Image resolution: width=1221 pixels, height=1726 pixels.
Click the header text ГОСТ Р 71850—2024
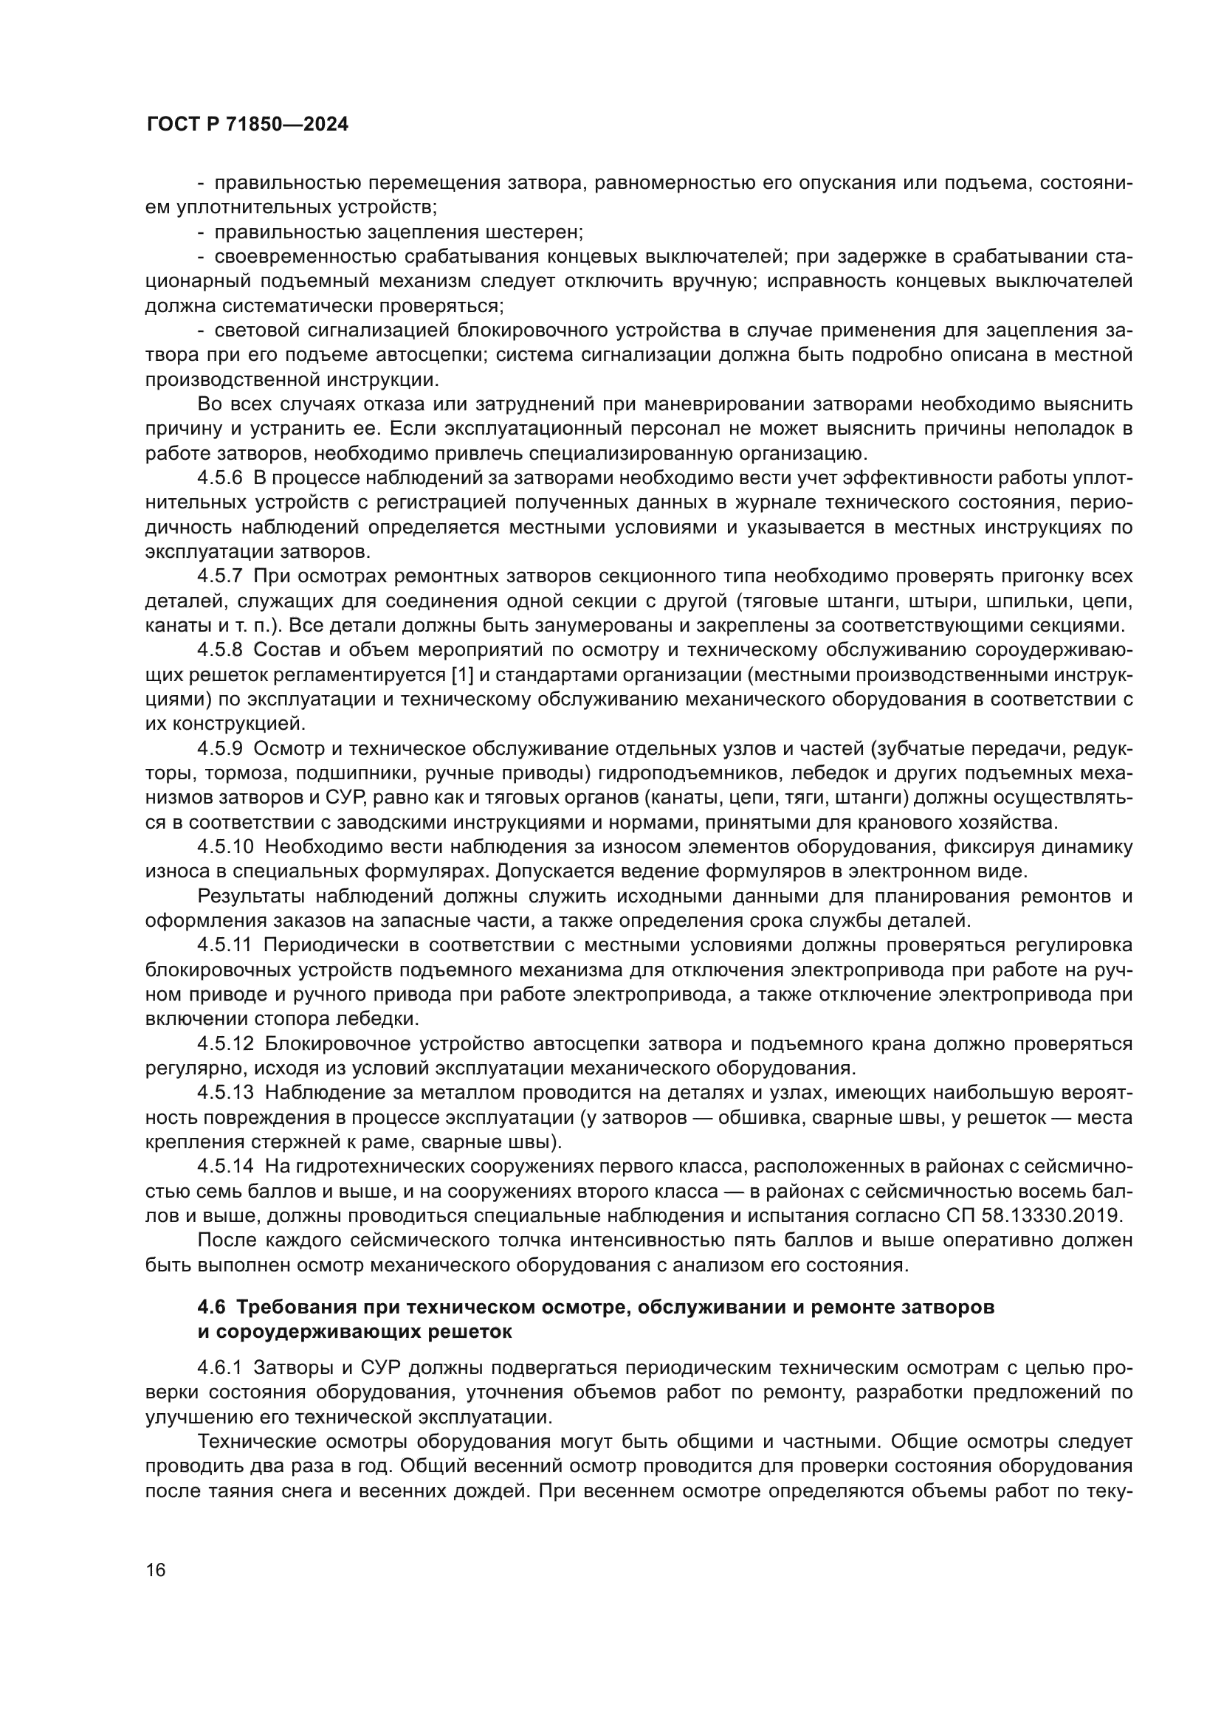pyautogui.click(x=247, y=125)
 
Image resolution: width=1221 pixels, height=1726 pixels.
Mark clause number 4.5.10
pyautogui.click(x=226, y=847)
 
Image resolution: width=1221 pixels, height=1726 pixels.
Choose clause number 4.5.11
pyautogui.click(x=225, y=946)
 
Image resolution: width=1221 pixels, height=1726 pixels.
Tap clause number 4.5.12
pyautogui.click(x=226, y=1044)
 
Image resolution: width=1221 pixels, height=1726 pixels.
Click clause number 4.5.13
pyautogui.click(x=226, y=1093)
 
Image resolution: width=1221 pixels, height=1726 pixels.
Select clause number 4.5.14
pyautogui.click(x=226, y=1167)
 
